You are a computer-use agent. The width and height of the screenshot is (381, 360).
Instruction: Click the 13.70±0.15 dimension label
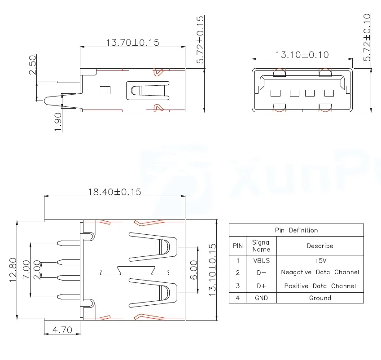coord(132,43)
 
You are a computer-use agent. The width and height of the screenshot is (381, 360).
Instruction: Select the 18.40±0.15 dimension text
coord(114,192)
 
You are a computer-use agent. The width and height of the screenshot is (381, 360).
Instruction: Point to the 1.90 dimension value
coord(57,122)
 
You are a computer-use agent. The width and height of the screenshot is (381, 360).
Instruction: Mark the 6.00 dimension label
coord(193,269)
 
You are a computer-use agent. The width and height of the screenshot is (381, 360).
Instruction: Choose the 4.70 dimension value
coord(62,330)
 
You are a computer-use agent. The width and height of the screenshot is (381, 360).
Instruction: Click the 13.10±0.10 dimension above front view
coord(302,55)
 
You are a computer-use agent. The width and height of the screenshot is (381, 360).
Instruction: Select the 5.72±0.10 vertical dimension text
coord(367,38)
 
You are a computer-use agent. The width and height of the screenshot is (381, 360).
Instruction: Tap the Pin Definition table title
coord(296,230)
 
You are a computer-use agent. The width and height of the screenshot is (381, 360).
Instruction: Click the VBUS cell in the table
coord(261,260)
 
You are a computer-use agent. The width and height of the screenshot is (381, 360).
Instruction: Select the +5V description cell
coord(320,260)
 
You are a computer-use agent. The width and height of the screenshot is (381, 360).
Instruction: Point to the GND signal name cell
coord(261,298)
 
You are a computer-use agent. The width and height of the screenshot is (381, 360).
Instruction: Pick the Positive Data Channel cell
coord(320,285)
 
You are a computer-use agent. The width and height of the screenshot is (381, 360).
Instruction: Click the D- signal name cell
coord(261,272)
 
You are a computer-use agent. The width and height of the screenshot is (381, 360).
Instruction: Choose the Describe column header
coord(320,246)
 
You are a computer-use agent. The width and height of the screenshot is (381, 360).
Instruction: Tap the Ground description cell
coord(320,298)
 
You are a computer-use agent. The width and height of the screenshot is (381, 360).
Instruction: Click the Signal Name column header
coord(261,246)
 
